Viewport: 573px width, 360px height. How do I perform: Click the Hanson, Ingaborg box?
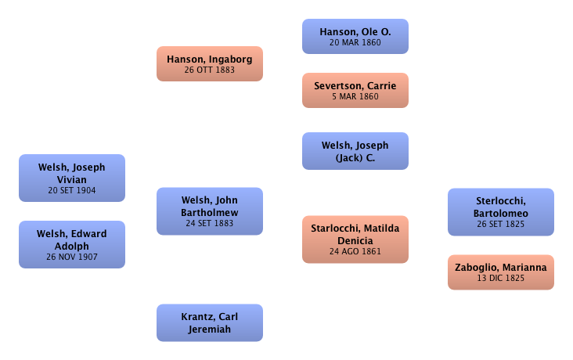click(210, 63)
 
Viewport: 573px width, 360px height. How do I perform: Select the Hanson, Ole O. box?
click(355, 36)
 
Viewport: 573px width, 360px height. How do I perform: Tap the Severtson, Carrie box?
click(355, 90)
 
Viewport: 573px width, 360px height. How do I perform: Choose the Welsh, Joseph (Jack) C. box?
click(355, 151)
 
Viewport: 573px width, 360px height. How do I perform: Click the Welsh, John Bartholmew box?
click(210, 211)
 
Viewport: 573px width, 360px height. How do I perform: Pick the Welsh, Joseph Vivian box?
click(71, 178)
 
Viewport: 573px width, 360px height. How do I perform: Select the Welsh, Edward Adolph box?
click(71, 245)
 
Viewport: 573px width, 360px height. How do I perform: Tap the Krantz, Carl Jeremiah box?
click(210, 322)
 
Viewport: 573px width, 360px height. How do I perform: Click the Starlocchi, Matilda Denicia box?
click(355, 239)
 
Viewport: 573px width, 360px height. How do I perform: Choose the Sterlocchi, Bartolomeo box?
click(501, 212)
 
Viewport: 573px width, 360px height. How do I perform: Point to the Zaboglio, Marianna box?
click(501, 272)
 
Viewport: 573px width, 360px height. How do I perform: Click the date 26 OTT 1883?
click(210, 70)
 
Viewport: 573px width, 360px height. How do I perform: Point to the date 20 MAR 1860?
click(355, 42)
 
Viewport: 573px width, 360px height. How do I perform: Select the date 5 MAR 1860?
click(355, 96)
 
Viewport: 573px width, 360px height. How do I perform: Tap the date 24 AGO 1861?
click(355, 251)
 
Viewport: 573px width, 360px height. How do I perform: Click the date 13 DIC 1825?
click(501, 278)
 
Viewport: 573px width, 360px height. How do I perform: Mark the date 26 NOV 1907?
click(71, 257)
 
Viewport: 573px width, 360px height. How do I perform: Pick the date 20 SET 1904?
click(71, 190)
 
